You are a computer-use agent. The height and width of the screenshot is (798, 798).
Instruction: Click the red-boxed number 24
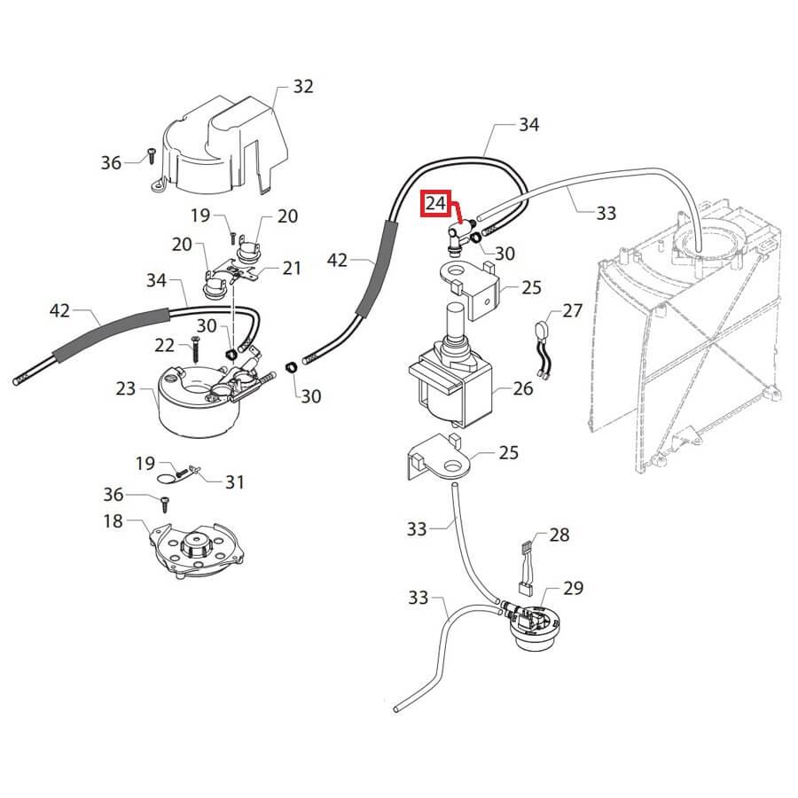(x=435, y=204)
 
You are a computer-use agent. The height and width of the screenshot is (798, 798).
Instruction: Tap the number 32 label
(x=303, y=87)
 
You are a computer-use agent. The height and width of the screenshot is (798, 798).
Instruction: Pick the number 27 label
(x=573, y=311)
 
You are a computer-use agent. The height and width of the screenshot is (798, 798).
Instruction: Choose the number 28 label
(x=559, y=535)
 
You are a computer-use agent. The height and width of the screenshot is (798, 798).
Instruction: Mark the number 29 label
(x=573, y=588)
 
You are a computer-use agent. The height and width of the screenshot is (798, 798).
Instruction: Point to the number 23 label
(x=126, y=387)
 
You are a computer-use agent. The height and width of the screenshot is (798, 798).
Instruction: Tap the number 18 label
(x=113, y=520)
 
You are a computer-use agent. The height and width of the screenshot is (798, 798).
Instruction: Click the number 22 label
(x=164, y=344)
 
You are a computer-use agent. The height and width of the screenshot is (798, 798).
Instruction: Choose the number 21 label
(x=292, y=269)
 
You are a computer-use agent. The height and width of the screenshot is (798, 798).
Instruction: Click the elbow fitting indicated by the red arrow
(x=457, y=234)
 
